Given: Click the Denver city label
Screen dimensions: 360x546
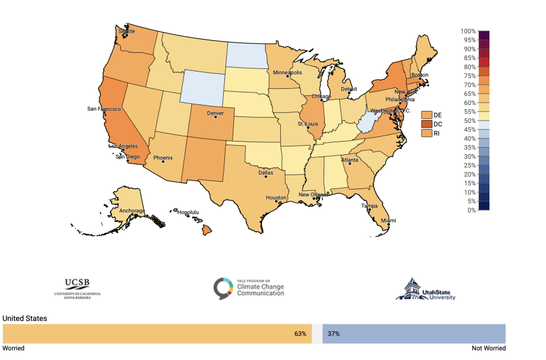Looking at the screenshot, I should click(215, 113).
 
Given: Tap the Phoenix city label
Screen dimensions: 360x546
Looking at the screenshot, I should click(162, 158).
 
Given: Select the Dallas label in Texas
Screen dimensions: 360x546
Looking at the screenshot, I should click(265, 173).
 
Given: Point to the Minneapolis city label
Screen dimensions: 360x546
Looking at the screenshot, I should click(287, 73).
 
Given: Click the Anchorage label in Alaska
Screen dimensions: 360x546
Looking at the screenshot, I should click(132, 211).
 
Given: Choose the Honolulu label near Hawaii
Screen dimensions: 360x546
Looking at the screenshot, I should click(188, 212).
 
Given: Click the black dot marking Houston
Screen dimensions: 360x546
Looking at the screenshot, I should click(277, 202).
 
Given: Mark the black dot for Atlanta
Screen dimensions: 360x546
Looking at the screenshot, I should click(349, 164).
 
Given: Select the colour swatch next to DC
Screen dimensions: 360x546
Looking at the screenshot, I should click(427, 124).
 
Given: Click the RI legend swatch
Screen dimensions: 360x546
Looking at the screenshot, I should click(427, 133).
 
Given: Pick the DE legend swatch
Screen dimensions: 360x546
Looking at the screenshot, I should click(427, 114).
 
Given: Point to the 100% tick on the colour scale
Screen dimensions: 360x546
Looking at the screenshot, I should click(468, 31).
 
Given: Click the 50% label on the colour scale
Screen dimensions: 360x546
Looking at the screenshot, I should click(468, 121).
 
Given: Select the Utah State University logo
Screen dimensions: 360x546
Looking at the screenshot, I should click(425, 289).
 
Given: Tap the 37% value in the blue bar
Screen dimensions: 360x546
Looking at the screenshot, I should click(334, 334).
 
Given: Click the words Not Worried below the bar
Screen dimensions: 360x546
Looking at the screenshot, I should click(489, 348).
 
